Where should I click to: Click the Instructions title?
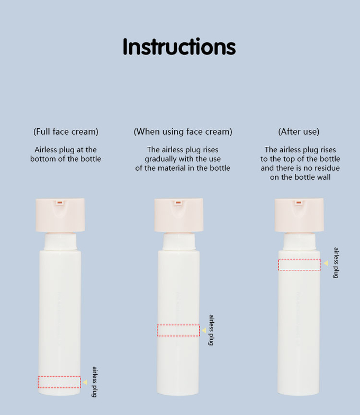coord(179,47)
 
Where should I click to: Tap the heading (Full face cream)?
coord(66,131)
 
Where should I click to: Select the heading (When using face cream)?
coord(183,131)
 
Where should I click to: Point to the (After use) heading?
coord(299,131)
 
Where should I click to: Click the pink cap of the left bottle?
coord(60,215)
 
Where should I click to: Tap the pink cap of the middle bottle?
coord(179,215)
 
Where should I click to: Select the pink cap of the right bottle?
coord(299,215)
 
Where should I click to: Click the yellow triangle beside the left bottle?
coord(85,382)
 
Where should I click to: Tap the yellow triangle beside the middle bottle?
coord(204,330)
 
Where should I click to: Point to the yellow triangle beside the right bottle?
coord(326,263)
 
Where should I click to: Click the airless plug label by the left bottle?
coord(95,382)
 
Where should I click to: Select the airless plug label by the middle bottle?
coord(211,330)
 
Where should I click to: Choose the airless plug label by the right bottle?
coord(336,263)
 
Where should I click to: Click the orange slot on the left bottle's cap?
coord(60,202)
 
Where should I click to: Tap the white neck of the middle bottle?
coord(179,241)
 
